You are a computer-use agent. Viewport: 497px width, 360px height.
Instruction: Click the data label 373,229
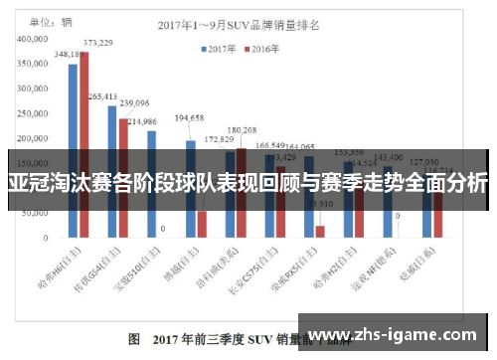pos(97,43)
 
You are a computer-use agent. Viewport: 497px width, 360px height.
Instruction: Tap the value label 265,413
pos(102,96)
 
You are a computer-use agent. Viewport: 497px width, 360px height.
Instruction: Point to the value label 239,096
pos(133,102)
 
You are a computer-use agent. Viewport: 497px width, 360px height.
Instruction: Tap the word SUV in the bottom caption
pos(262,339)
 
